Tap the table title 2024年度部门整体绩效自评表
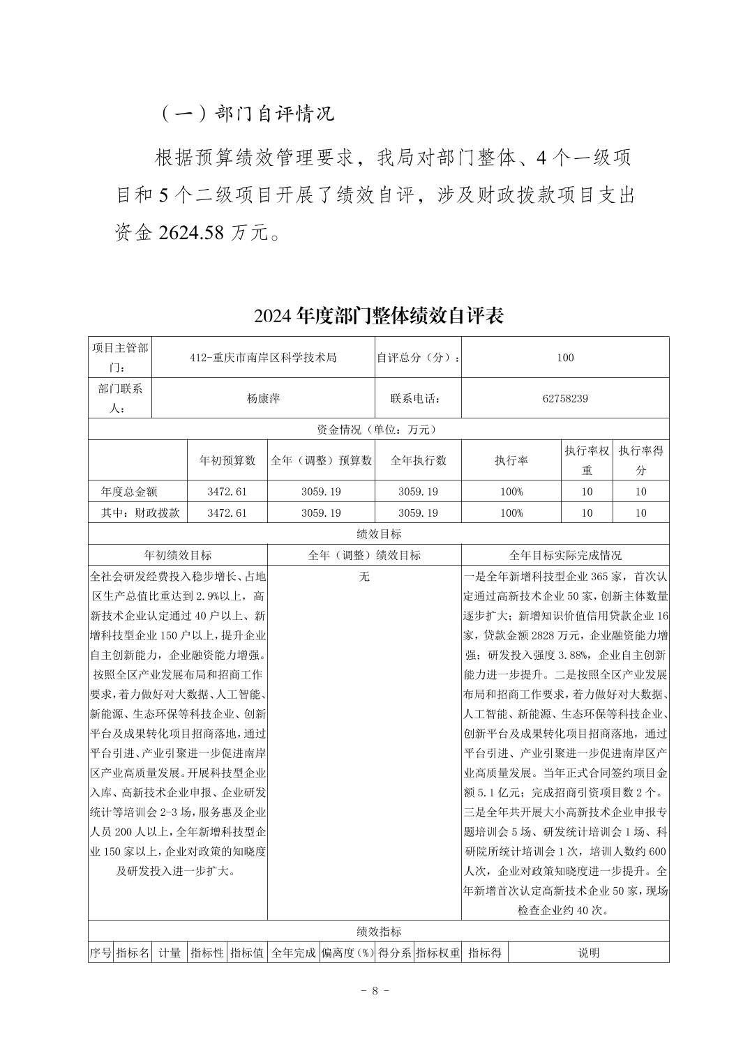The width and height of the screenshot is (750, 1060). [x=379, y=316]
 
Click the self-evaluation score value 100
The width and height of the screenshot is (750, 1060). [x=565, y=358]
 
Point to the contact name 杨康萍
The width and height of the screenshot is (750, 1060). [x=263, y=399]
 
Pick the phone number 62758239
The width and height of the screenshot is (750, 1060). [x=565, y=399]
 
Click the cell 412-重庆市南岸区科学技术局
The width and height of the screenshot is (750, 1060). [x=263, y=358]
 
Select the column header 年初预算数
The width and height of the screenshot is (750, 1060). [x=227, y=460]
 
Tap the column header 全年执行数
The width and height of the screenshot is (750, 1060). [x=418, y=460]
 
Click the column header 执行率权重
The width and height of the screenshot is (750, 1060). [x=587, y=460]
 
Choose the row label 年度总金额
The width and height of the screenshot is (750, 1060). [x=130, y=492]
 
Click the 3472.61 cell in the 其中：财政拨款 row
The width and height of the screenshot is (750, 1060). [x=227, y=513]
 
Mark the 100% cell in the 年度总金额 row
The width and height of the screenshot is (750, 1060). [x=511, y=492]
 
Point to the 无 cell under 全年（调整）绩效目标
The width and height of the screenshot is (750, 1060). [x=364, y=577]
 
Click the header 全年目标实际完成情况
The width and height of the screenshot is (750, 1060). [x=565, y=556]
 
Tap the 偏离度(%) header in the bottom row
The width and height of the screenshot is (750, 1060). [x=347, y=953]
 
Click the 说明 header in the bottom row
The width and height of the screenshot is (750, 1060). [x=588, y=953]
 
